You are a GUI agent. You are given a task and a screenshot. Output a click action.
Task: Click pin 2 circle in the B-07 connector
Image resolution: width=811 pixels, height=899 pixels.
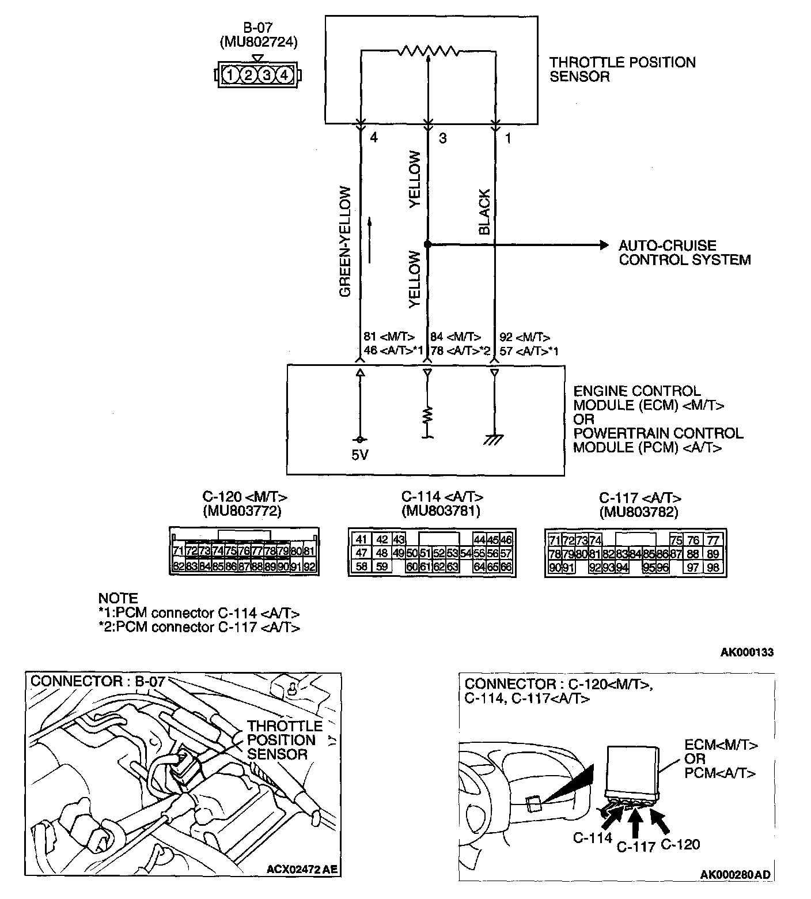click(248, 75)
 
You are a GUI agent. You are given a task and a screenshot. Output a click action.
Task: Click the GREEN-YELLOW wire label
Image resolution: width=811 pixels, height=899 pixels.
click(345, 241)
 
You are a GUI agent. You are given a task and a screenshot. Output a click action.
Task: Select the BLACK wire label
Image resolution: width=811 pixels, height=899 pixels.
click(484, 212)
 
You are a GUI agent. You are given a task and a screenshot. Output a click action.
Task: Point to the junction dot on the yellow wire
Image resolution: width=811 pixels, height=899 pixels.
click(427, 245)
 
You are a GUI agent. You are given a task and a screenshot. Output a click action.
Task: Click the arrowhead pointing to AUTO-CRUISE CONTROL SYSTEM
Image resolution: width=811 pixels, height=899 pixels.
click(604, 245)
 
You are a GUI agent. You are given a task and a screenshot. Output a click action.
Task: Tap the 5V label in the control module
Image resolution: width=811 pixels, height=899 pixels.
click(360, 455)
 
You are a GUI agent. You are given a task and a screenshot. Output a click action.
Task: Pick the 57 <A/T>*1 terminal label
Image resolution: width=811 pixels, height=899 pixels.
click(529, 351)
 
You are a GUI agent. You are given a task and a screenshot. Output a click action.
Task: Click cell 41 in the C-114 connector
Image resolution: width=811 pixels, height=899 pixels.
click(362, 540)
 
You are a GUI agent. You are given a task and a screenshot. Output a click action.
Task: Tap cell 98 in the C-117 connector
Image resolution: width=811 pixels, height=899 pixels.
click(713, 568)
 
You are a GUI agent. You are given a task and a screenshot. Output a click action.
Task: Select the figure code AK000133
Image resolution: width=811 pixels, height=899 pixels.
click(747, 652)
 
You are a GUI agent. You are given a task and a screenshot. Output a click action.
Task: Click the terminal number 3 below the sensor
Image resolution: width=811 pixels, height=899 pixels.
click(442, 138)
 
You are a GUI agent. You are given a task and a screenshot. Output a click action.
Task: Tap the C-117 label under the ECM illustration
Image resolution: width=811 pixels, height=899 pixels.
click(636, 847)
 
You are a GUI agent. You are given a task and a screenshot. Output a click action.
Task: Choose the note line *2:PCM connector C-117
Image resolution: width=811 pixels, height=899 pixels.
click(199, 627)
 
